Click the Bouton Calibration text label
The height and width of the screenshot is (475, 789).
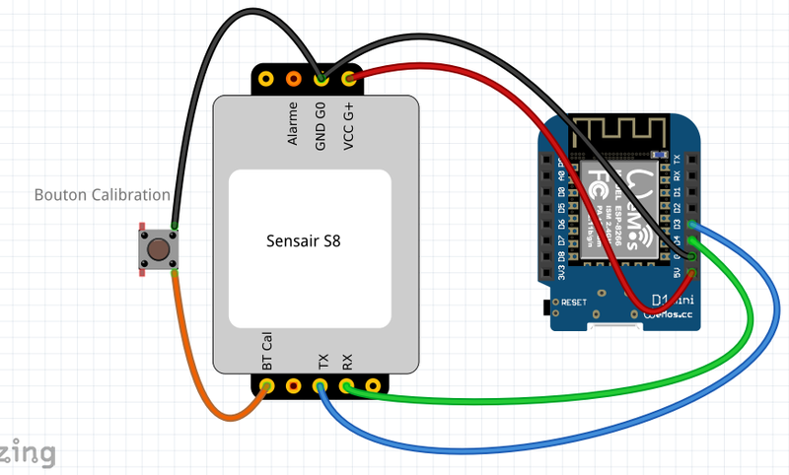coord(103,195)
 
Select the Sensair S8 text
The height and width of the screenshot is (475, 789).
coord(312,239)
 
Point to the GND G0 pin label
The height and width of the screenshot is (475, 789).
coord(321,124)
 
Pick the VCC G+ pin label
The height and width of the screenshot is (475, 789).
coord(348,124)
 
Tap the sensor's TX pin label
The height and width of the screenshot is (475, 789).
coord(323,361)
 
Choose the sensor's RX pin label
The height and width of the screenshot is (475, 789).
coord(347,361)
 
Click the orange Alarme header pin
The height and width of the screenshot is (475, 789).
coord(293,78)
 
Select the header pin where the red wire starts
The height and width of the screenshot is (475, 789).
coord(348,78)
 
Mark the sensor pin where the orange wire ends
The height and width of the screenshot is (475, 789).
coord(267,386)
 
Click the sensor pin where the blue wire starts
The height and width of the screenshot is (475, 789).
coord(322,386)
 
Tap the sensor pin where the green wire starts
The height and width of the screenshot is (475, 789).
coord(347,386)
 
